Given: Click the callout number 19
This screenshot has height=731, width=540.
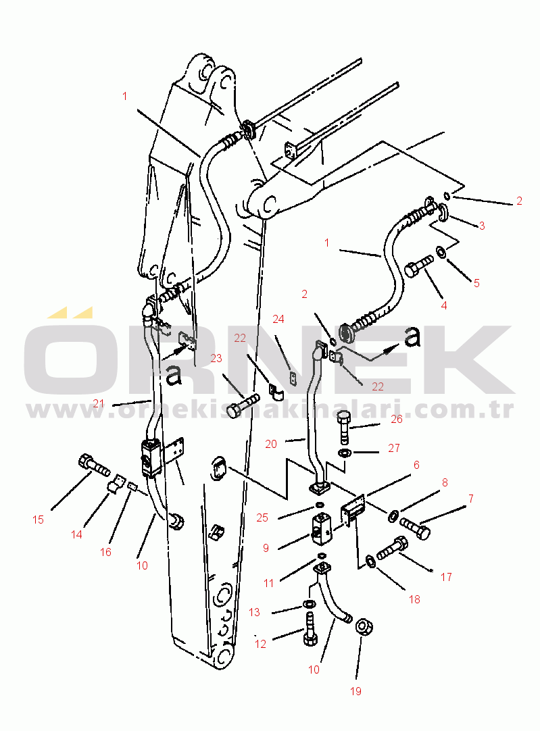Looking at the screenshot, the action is point(355,691).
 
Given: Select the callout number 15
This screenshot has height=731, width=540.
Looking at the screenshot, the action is point(39,520).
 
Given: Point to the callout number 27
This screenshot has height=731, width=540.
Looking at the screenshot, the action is point(394,448).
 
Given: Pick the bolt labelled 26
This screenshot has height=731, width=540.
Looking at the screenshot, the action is point(343,428).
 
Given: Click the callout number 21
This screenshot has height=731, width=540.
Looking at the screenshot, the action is point(99,403).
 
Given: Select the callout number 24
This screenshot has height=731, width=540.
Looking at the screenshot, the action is point(278,319).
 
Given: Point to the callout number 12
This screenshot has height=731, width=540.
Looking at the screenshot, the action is point(260,644).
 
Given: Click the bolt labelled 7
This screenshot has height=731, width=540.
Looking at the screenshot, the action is point(415,529).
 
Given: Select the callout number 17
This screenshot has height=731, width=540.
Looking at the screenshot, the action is point(446,577).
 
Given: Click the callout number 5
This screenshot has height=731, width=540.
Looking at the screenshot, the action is point(476,283).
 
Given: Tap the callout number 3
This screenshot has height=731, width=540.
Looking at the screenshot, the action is point(482,226).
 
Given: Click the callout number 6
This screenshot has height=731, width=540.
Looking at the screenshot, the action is point(416,465).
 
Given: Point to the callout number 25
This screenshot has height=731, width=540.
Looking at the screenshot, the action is point(262,518).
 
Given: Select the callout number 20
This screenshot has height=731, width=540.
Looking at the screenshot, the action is point(271,445).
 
